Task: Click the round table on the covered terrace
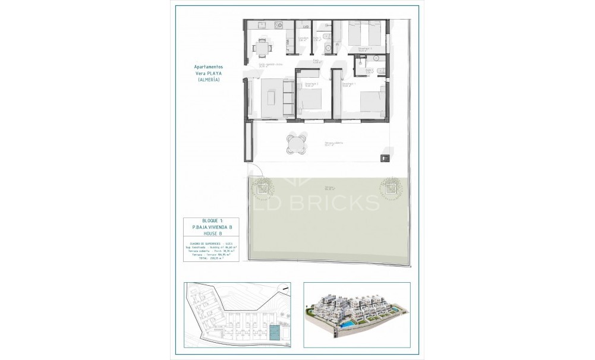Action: (295, 143)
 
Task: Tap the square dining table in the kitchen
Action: (262, 46)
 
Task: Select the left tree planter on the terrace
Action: (261, 189)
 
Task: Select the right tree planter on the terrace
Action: (389, 190)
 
